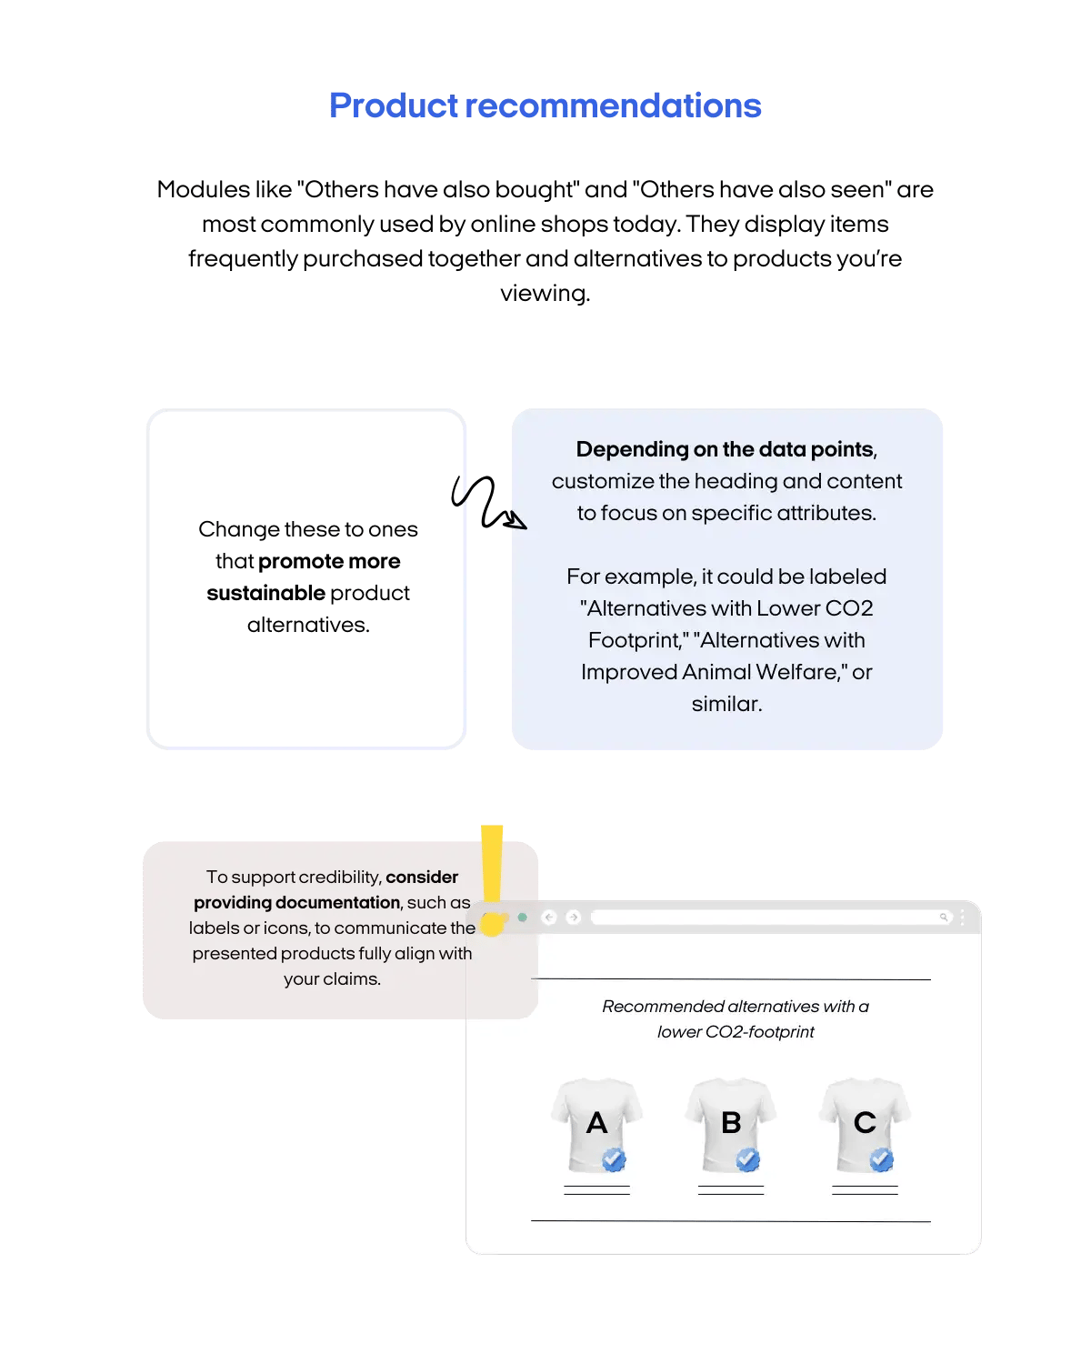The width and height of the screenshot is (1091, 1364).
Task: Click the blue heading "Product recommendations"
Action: tap(545, 106)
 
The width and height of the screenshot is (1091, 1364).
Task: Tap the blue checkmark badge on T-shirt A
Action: tap(614, 1159)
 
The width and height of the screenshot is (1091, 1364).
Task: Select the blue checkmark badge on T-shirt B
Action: tap(747, 1159)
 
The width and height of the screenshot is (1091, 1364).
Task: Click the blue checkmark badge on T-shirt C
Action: tap(881, 1159)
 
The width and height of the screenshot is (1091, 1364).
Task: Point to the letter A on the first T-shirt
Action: tap(596, 1123)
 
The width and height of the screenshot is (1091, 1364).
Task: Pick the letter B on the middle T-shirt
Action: tap(731, 1123)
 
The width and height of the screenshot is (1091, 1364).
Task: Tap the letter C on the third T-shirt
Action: tap(865, 1123)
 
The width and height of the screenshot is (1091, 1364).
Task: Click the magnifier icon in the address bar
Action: tap(944, 918)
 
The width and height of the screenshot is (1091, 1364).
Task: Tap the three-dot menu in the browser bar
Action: tap(962, 918)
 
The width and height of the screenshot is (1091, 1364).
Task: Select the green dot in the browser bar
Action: tap(523, 918)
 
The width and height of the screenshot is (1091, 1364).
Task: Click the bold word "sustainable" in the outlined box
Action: tap(265, 594)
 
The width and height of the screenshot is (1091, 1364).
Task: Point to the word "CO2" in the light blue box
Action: tap(848, 608)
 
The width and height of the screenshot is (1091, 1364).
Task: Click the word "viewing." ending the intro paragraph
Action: tap(545, 294)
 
